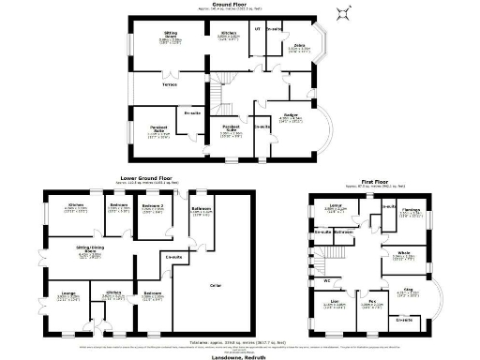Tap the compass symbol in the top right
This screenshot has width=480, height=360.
pyautogui.click(x=344, y=12)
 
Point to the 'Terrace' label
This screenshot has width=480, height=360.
pyautogui.click(x=169, y=84)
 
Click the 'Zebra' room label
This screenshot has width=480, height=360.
pyautogui.click(x=299, y=46)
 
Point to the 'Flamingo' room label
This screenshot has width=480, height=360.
pyautogui.click(x=411, y=211)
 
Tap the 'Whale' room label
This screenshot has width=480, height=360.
pyautogui.click(x=403, y=252)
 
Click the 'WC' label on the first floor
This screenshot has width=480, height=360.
pyautogui.click(x=326, y=279)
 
